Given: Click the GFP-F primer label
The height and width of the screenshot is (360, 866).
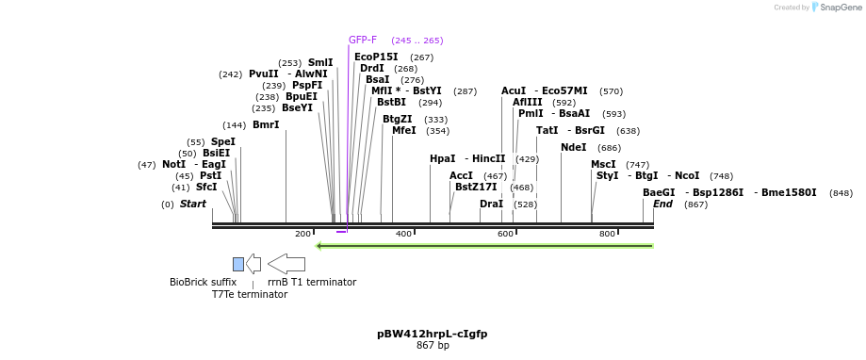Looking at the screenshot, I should (x=363, y=41).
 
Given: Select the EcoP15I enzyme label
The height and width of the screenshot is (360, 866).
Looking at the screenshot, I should (x=376, y=57).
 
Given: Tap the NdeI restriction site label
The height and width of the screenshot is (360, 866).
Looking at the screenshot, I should (x=573, y=148).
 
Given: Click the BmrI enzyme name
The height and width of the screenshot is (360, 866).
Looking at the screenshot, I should (x=266, y=125).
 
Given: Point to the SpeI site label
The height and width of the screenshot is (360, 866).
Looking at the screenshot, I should (x=222, y=142).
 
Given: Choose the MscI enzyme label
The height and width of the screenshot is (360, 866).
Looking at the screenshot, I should (x=603, y=165).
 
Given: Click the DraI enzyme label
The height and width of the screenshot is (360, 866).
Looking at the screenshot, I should (x=491, y=205).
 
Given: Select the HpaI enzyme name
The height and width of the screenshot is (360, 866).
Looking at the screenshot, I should (x=442, y=159).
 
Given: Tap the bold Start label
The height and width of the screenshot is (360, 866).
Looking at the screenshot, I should (x=192, y=205).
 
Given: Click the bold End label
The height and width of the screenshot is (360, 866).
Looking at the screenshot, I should (x=662, y=205).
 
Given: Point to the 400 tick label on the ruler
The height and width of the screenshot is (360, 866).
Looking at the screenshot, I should (x=403, y=234).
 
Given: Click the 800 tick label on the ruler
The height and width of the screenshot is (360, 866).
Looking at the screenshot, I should (x=607, y=234).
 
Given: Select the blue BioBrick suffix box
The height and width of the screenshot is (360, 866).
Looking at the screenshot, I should (x=238, y=264).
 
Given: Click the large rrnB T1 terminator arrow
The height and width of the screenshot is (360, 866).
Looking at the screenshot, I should (x=286, y=264).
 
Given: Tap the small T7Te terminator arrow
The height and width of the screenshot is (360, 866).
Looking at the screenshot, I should (x=253, y=264).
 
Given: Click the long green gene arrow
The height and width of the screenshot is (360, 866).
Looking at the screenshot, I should (x=484, y=246).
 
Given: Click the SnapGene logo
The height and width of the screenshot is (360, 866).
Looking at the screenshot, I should (x=835, y=8).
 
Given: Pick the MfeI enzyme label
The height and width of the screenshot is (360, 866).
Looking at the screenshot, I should (x=403, y=131).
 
